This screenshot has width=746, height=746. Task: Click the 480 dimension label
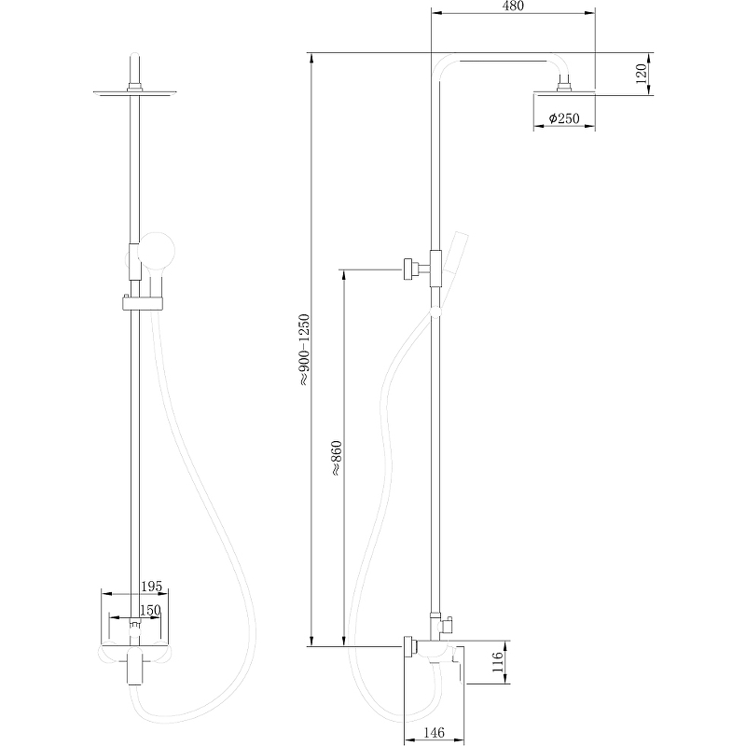tap(513, 7)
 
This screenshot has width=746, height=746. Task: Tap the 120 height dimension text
tap(642, 74)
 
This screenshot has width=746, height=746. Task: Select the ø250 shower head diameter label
tap(565, 118)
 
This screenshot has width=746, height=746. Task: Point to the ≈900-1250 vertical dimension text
tap(303, 350)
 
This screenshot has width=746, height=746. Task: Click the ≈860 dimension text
tap(336, 459)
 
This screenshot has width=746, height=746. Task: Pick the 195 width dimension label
tap(151, 587)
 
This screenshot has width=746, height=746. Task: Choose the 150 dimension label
tap(150, 610)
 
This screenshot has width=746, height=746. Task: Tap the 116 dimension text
tap(499, 663)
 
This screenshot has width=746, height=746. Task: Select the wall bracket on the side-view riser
tap(410, 268)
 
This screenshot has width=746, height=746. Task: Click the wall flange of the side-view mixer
tap(409, 646)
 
